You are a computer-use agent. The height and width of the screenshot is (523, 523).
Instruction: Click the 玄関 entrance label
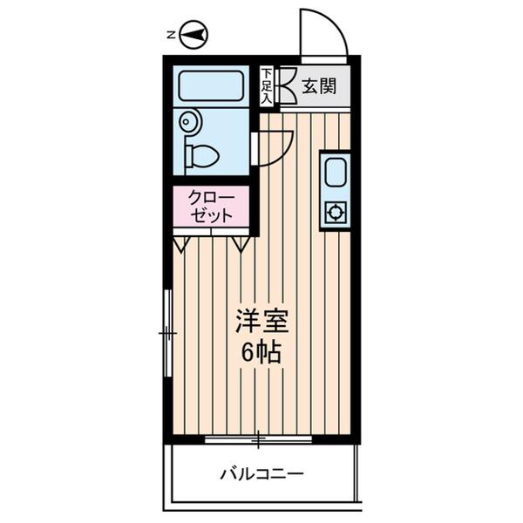319,86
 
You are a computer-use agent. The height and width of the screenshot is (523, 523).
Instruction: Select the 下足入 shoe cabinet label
266,85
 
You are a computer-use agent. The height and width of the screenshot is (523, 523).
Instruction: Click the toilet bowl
202,156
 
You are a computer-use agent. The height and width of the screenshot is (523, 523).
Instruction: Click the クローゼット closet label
211,207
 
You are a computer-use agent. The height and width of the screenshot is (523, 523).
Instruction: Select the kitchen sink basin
336,173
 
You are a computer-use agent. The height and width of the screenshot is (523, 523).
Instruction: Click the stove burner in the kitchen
336,211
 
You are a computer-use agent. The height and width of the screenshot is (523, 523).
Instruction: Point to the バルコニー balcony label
261,475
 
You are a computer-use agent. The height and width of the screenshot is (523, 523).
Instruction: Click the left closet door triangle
180,244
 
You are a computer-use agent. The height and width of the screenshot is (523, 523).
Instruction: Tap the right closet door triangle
241,244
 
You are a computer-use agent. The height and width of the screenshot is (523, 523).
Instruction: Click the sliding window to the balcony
258,438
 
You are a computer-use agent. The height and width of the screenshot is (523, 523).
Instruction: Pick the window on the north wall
166,333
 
